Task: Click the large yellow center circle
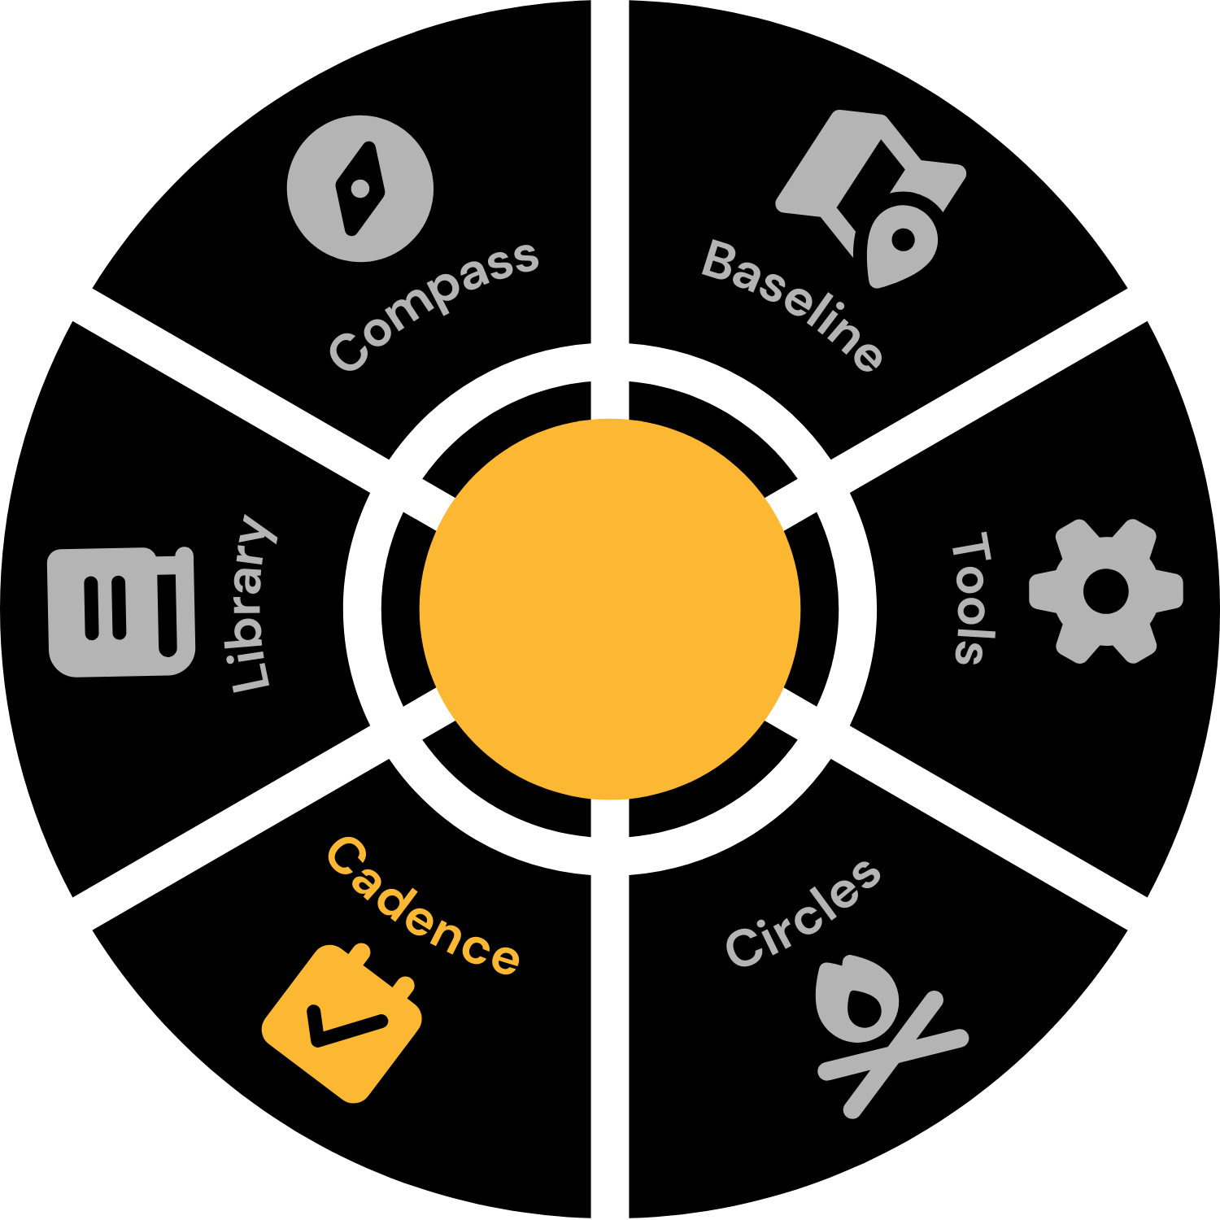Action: click(610, 609)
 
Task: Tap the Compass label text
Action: click(434, 306)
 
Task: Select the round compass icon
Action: click(360, 189)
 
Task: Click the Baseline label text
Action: click(791, 305)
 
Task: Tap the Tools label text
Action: click(972, 599)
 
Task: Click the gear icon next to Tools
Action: click(1106, 591)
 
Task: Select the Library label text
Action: click(251, 603)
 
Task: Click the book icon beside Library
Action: click(122, 612)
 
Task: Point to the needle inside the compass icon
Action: click(360, 189)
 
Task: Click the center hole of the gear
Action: click(1106, 591)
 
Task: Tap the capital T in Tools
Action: click(972, 547)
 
